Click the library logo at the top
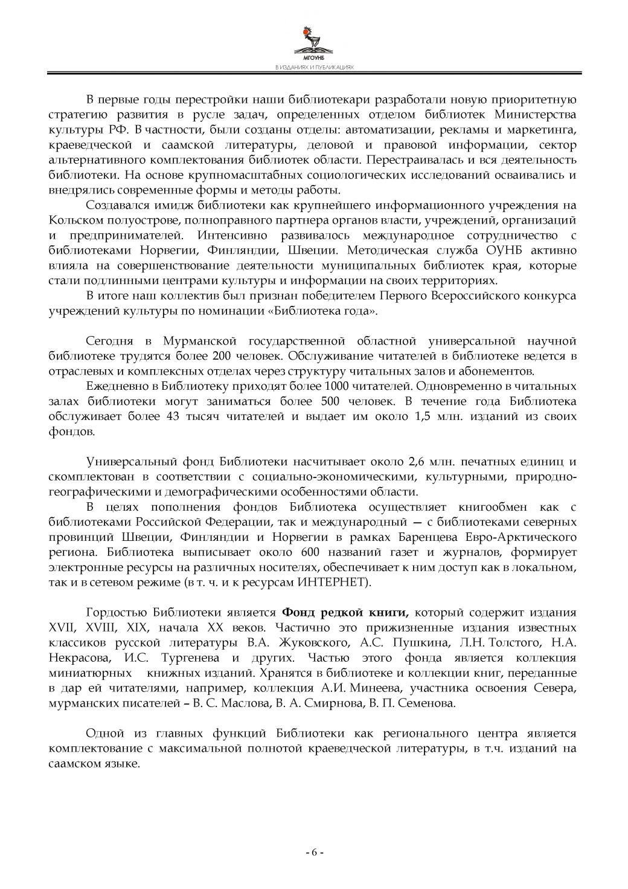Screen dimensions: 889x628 [314, 41]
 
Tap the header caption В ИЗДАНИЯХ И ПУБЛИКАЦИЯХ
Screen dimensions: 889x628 [314, 68]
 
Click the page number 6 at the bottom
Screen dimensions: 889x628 [314, 852]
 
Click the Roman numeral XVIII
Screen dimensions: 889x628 [103, 627]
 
